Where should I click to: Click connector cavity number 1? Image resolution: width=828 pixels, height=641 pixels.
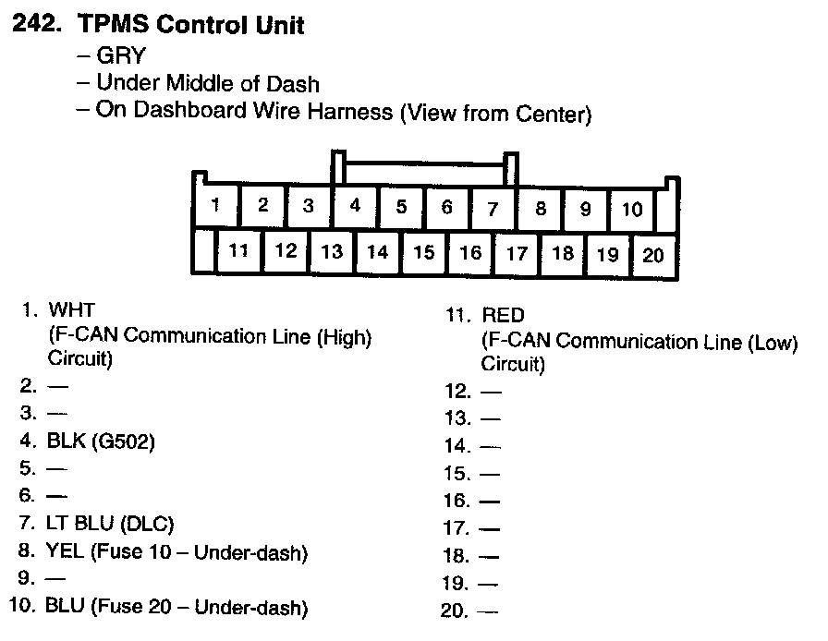[215, 205]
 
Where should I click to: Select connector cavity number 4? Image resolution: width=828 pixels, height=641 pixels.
[355, 206]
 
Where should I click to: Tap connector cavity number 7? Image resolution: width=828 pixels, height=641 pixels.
[493, 207]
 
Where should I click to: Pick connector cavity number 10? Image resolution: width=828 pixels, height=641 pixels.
[632, 209]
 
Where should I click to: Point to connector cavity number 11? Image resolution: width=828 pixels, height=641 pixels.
[238, 249]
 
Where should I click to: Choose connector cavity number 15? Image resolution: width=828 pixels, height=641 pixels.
[423, 251]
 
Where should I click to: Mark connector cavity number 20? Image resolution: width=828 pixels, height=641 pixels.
[653, 255]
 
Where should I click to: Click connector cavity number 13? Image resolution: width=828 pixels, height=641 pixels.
[331, 250]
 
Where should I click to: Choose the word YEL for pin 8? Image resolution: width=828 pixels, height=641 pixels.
[65, 551]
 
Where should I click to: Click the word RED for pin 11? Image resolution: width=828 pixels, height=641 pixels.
[503, 315]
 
